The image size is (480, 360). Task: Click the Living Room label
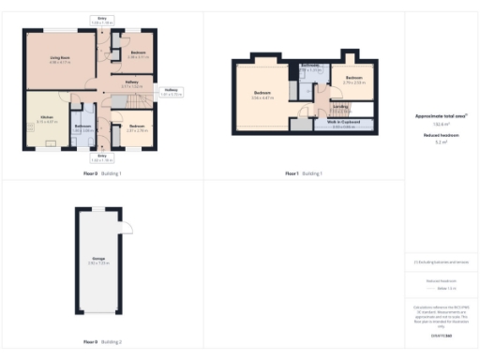pyautogui.click(x=60, y=59)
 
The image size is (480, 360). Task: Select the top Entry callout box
pyautogui.click(x=102, y=20)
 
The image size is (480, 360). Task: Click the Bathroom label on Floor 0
pyautogui.click(x=83, y=127)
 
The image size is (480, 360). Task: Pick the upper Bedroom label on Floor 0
pyautogui.click(x=138, y=53)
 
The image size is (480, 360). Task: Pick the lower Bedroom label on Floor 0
pyautogui.click(x=137, y=127)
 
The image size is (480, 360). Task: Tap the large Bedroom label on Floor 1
pyautogui.click(x=262, y=94)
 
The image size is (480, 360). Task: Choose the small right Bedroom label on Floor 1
pyautogui.click(x=353, y=79)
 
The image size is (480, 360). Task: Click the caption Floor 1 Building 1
pyautogui.click(x=305, y=173)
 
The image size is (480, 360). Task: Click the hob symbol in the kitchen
pyautogui.click(x=52, y=143)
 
